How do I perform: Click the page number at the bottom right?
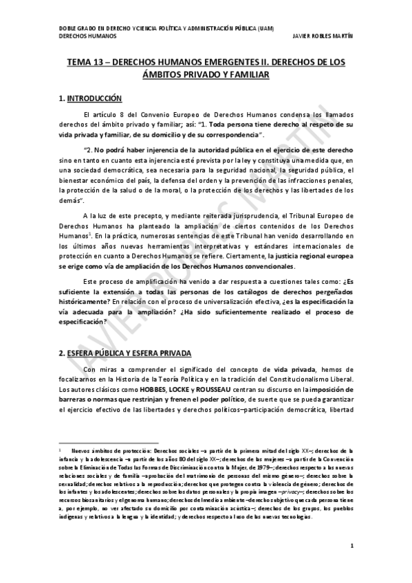tap(351, 565)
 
